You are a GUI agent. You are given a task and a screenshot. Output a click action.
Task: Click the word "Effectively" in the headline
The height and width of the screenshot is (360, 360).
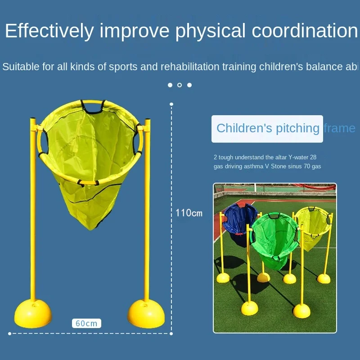pyautogui.click(x=49, y=31)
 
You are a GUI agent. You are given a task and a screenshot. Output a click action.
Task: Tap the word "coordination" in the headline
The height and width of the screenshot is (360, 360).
pyautogui.click(x=305, y=31)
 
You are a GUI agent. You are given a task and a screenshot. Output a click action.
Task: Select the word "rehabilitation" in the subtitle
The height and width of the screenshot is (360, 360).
pyautogui.click(x=190, y=67)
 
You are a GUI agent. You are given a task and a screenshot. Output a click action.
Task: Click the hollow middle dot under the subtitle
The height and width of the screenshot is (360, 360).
pyautogui.click(x=180, y=85)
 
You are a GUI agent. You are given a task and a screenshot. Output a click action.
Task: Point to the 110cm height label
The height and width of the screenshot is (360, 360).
pyautogui.click(x=189, y=213)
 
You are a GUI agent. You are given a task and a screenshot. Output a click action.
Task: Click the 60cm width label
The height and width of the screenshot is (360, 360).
pyautogui.click(x=86, y=323)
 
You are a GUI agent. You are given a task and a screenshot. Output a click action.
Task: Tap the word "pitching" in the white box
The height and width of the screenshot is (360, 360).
pyautogui.click(x=297, y=128)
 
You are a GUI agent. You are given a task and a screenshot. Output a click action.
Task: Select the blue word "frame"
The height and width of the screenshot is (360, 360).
pyautogui.click(x=340, y=128)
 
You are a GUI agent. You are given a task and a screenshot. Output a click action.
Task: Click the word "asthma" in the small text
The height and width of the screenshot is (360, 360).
pyautogui.click(x=253, y=166)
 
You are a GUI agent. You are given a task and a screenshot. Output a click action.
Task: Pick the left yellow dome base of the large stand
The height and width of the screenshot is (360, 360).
pyautogui.click(x=33, y=313)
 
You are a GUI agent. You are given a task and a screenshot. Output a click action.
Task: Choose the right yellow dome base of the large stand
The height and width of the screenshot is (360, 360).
pyautogui.click(x=146, y=313)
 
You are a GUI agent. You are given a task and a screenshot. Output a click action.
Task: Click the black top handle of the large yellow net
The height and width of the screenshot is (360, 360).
pyautogui.click(x=93, y=108)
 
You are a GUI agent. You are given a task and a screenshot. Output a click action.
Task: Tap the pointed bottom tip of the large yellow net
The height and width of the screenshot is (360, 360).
pyautogui.click(x=90, y=229)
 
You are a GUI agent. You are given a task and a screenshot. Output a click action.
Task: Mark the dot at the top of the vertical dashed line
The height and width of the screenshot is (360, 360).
pyautogui.click(x=171, y=104)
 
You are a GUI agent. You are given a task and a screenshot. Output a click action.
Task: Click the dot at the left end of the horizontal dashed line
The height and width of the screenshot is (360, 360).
pyautogui.click(x=9, y=333)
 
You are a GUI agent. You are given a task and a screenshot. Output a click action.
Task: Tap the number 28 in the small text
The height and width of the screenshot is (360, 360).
pyautogui.click(x=313, y=157)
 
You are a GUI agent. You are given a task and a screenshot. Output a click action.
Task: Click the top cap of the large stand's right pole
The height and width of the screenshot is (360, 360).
pyautogui.click(x=147, y=120)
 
